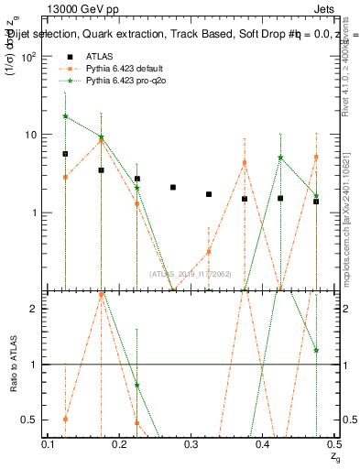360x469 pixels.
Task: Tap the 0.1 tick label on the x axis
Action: click(x=49, y=443)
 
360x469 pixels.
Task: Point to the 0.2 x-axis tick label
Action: click(x=120, y=443)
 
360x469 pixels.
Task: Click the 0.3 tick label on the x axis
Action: click(x=191, y=443)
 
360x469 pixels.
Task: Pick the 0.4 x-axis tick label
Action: click(x=263, y=443)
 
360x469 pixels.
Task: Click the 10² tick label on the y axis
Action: click(x=28, y=56)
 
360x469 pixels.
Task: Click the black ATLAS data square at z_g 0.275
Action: click(x=172, y=187)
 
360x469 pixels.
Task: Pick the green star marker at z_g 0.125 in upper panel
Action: click(x=65, y=116)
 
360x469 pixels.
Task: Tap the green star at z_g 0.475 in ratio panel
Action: click(x=316, y=350)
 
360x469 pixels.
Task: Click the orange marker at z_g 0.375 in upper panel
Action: click(x=245, y=163)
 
